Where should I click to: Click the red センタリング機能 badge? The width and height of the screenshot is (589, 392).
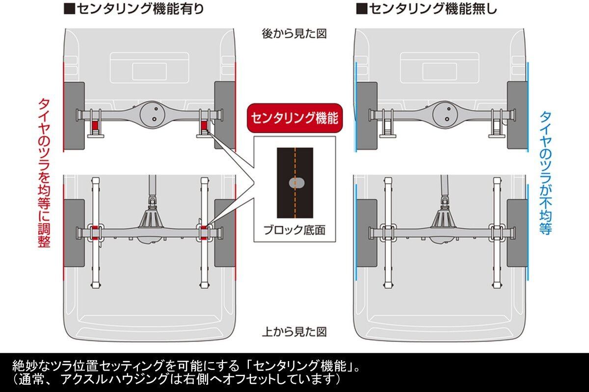click(294, 118)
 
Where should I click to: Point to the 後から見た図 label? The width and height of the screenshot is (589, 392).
click(294, 34)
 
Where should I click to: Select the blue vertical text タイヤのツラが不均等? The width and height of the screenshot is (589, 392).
click(545, 172)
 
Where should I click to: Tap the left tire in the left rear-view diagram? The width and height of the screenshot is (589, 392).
click(74, 116)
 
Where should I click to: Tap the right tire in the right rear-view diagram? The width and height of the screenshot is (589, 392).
click(517, 116)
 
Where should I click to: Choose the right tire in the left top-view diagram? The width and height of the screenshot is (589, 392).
click(225, 233)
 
